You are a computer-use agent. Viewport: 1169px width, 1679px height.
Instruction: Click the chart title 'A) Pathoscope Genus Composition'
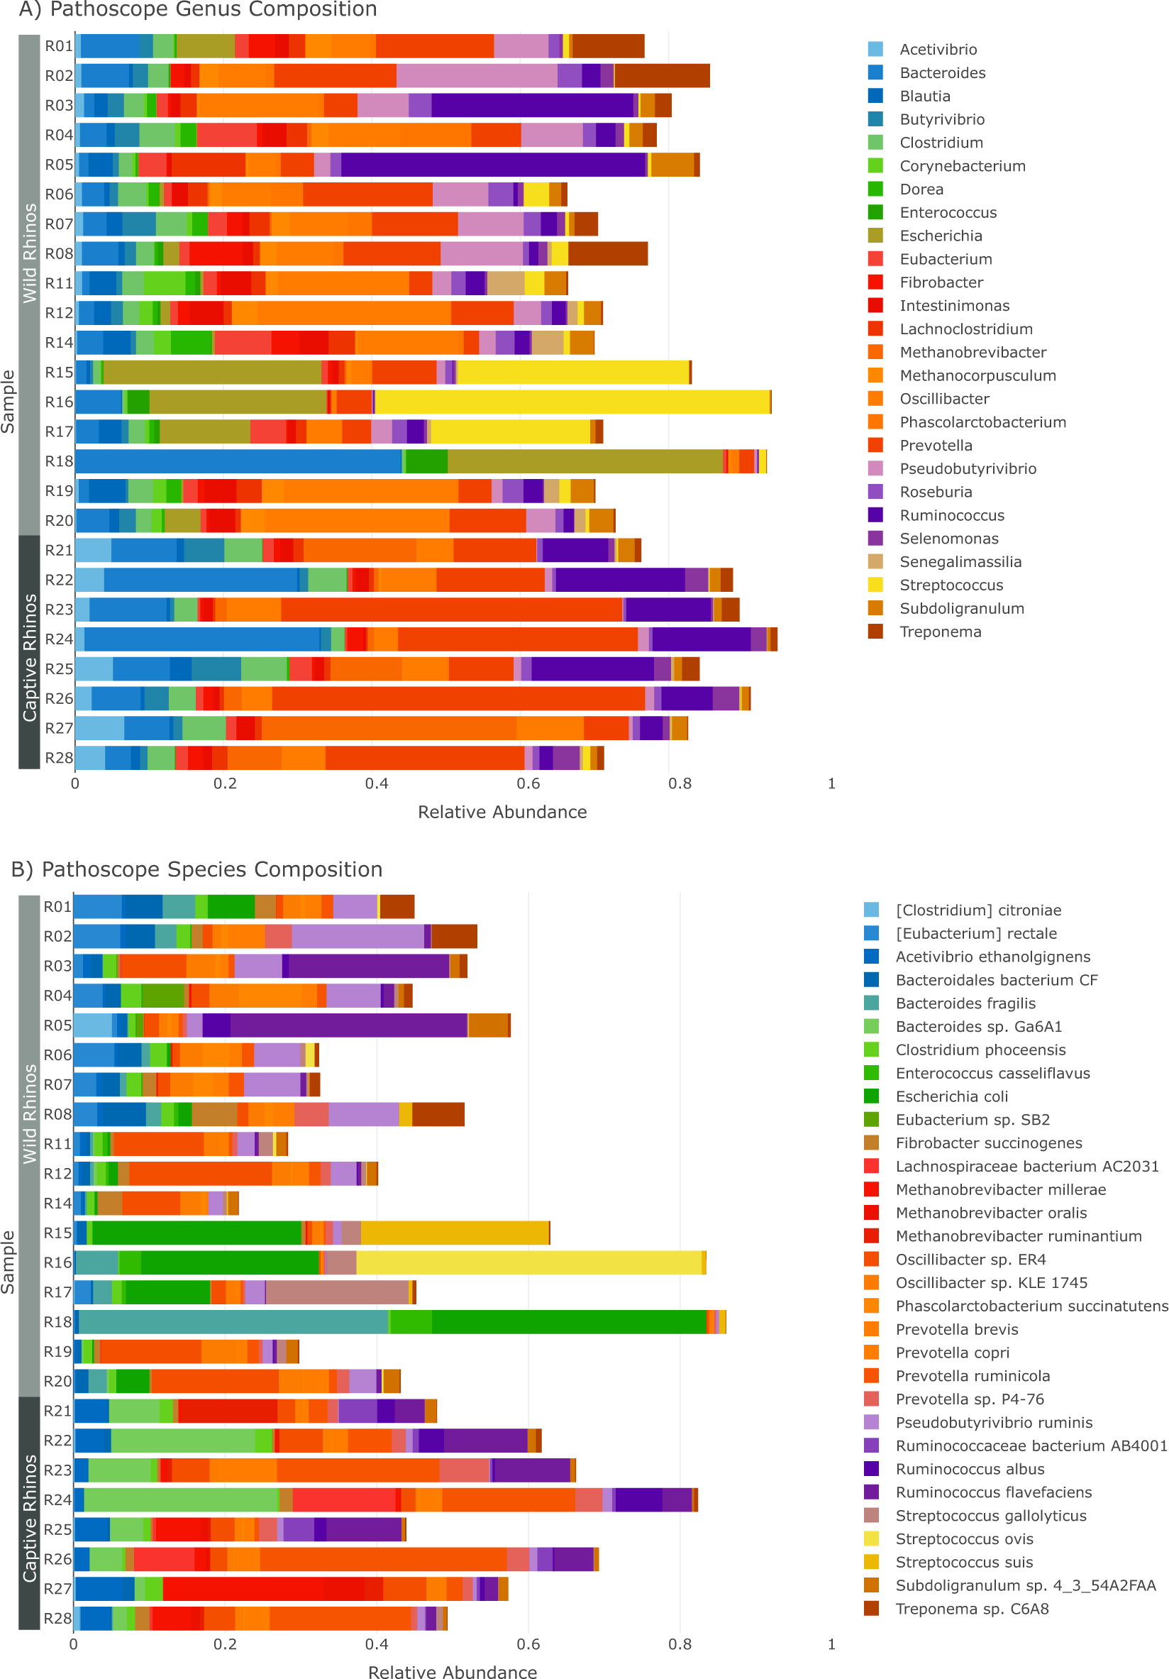(197, 9)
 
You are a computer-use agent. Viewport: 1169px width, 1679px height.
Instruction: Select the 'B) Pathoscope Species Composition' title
(196, 869)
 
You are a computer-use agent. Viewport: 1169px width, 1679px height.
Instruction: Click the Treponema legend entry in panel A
(939, 632)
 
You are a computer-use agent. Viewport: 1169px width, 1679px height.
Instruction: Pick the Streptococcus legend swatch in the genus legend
(875, 585)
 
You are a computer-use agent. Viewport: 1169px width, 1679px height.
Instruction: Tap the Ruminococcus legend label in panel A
(951, 515)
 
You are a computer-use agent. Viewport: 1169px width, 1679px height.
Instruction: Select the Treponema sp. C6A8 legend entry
(972, 1609)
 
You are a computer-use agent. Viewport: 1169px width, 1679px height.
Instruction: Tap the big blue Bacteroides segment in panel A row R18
(238, 461)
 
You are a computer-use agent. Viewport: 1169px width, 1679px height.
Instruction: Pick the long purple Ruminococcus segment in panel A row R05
(494, 165)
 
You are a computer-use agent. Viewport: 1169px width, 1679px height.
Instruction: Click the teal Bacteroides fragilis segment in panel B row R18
(233, 1322)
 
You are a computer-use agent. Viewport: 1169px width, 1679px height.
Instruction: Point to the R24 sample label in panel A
(58, 639)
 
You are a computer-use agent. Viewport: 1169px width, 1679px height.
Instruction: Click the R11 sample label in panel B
(57, 1144)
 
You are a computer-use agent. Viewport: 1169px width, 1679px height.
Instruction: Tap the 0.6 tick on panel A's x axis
(528, 783)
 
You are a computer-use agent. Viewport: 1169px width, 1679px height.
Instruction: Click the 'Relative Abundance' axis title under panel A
(502, 812)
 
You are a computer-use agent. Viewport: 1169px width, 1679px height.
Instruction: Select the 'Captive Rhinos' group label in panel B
(29, 1517)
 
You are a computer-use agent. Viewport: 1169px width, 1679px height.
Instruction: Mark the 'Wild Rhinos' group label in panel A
(29, 253)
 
